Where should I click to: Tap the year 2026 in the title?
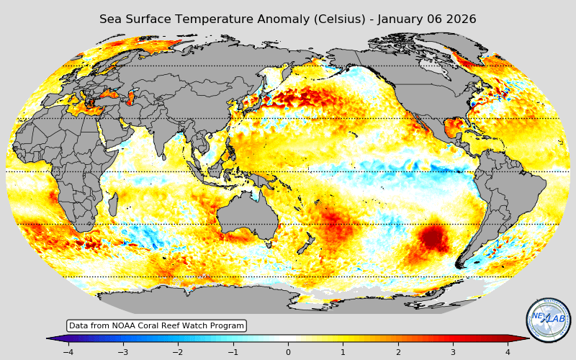click(x=459, y=19)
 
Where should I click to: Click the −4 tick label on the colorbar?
click(x=68, y=352)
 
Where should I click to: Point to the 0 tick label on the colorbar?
click(x=288, y=352)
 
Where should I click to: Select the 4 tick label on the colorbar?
click(x=508, y=352)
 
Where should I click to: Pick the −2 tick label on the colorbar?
click(x=178, y=352)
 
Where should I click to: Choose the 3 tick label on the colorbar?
click(x=453, y=352)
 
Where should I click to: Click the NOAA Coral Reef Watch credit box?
click(x=156, y=326)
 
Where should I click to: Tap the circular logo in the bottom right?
click(x=548, y=320)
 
